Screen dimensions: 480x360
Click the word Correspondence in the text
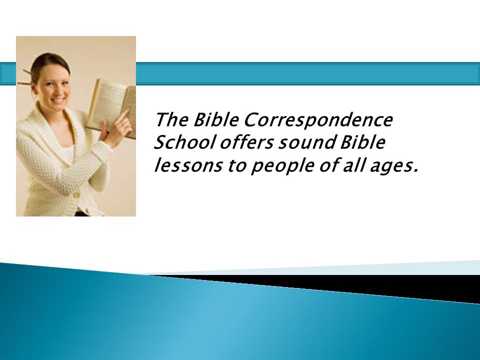tap(318, 120)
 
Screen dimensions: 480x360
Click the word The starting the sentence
tap(171, 119)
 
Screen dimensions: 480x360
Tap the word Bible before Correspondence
tap(216, 119)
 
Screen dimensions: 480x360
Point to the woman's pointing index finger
tap(123, 115)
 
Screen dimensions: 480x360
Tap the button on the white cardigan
tap(76, 194)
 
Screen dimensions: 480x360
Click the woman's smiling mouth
tap(58, 100)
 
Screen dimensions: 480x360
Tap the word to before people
tap(236, 166)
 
